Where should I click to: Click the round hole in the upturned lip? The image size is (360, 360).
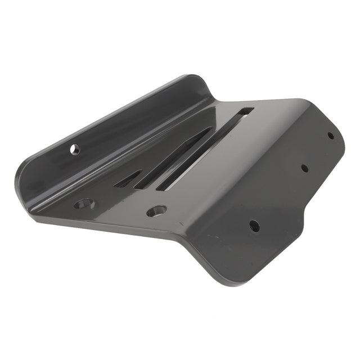point(74,149)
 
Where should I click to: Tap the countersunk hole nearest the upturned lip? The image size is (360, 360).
point(84,202)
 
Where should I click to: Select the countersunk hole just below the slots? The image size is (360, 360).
point(156,211)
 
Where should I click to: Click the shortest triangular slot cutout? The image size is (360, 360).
point(129,179)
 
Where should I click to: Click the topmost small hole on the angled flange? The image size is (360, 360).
point(331,135)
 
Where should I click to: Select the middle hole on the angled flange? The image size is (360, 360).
point(304,168)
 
